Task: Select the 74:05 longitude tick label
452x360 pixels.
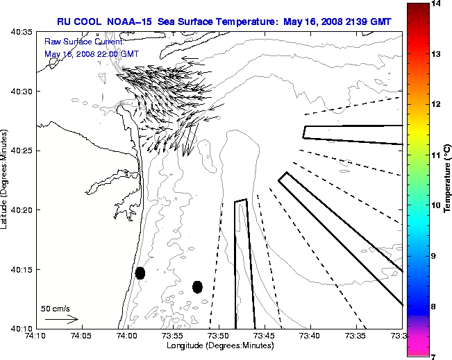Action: point(81,336)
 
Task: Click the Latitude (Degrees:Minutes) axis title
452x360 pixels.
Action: point(6,180)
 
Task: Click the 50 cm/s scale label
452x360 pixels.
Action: point(56,308)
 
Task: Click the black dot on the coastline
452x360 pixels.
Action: point(140,273)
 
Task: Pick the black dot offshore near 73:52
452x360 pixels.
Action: point(197,286)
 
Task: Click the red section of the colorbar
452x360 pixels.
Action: point(418,42)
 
